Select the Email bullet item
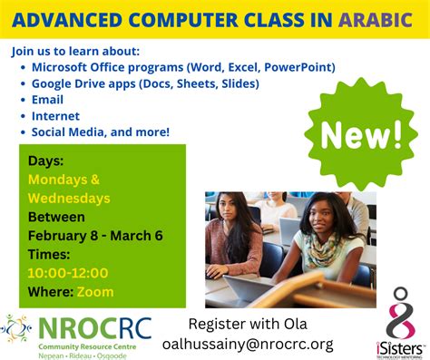[x=47, y=100]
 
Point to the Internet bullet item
[x=55, y=116]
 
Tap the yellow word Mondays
[x=64, y=180]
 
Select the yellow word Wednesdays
[x=69, y=199]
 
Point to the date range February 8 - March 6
[x=95, y=236]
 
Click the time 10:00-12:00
[x=68, y=273]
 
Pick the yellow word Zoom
[x=95, y=291]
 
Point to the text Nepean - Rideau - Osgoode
[x=82, y=355]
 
